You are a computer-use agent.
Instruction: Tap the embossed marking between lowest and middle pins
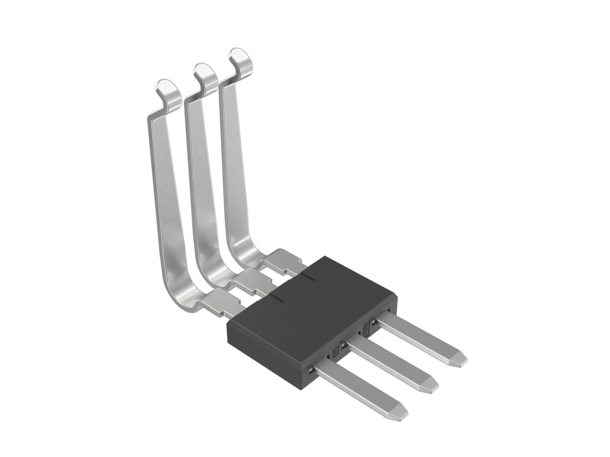[x=334, y=352]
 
